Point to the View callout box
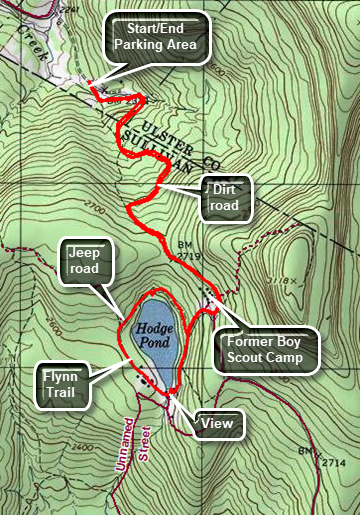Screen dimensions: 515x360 pos(217,424)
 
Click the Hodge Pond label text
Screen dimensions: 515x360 pos(155,334)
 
